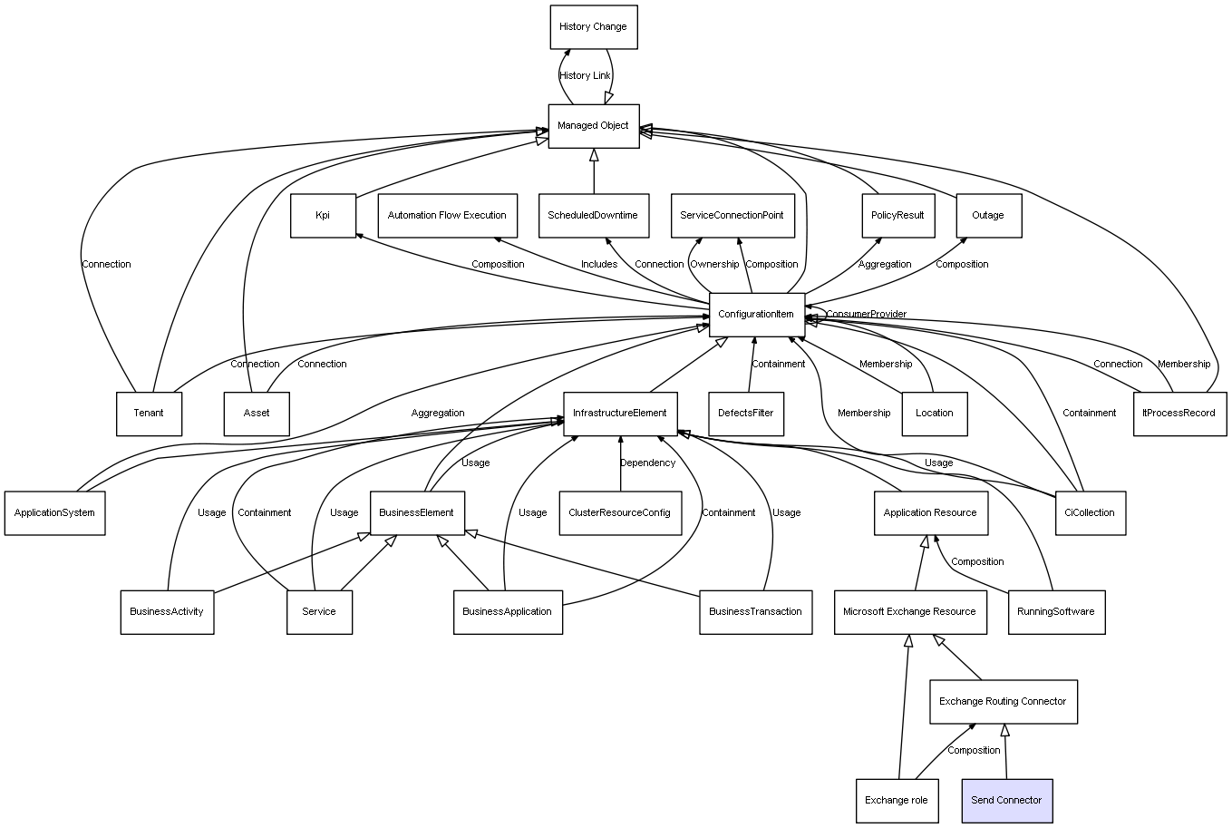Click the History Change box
(x=594, y=27)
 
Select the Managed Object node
(x=594, y=126)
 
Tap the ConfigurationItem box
(x=757, y=314)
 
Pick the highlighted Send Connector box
(x=1006, y=800)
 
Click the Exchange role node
(x=897, y=800)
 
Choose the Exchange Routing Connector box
(x=1003, y=701)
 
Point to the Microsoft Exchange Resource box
(x=909, y=611)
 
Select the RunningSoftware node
(x=1055, y=611)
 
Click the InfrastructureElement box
(x=620, y=414)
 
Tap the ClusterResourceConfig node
(x=620, y=512)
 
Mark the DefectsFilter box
(x=746, y=414)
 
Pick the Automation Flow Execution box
(x=447, y=216)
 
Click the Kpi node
(x=323, y=216)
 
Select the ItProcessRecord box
(x=1179, y=414)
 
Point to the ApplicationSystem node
(x=54, y=512)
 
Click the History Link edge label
(x=585, y=76)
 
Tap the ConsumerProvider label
(x=866, y=315)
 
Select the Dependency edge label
(x=647, y=463)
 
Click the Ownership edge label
(x=714, y=265)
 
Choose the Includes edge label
(x=599, y=265)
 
